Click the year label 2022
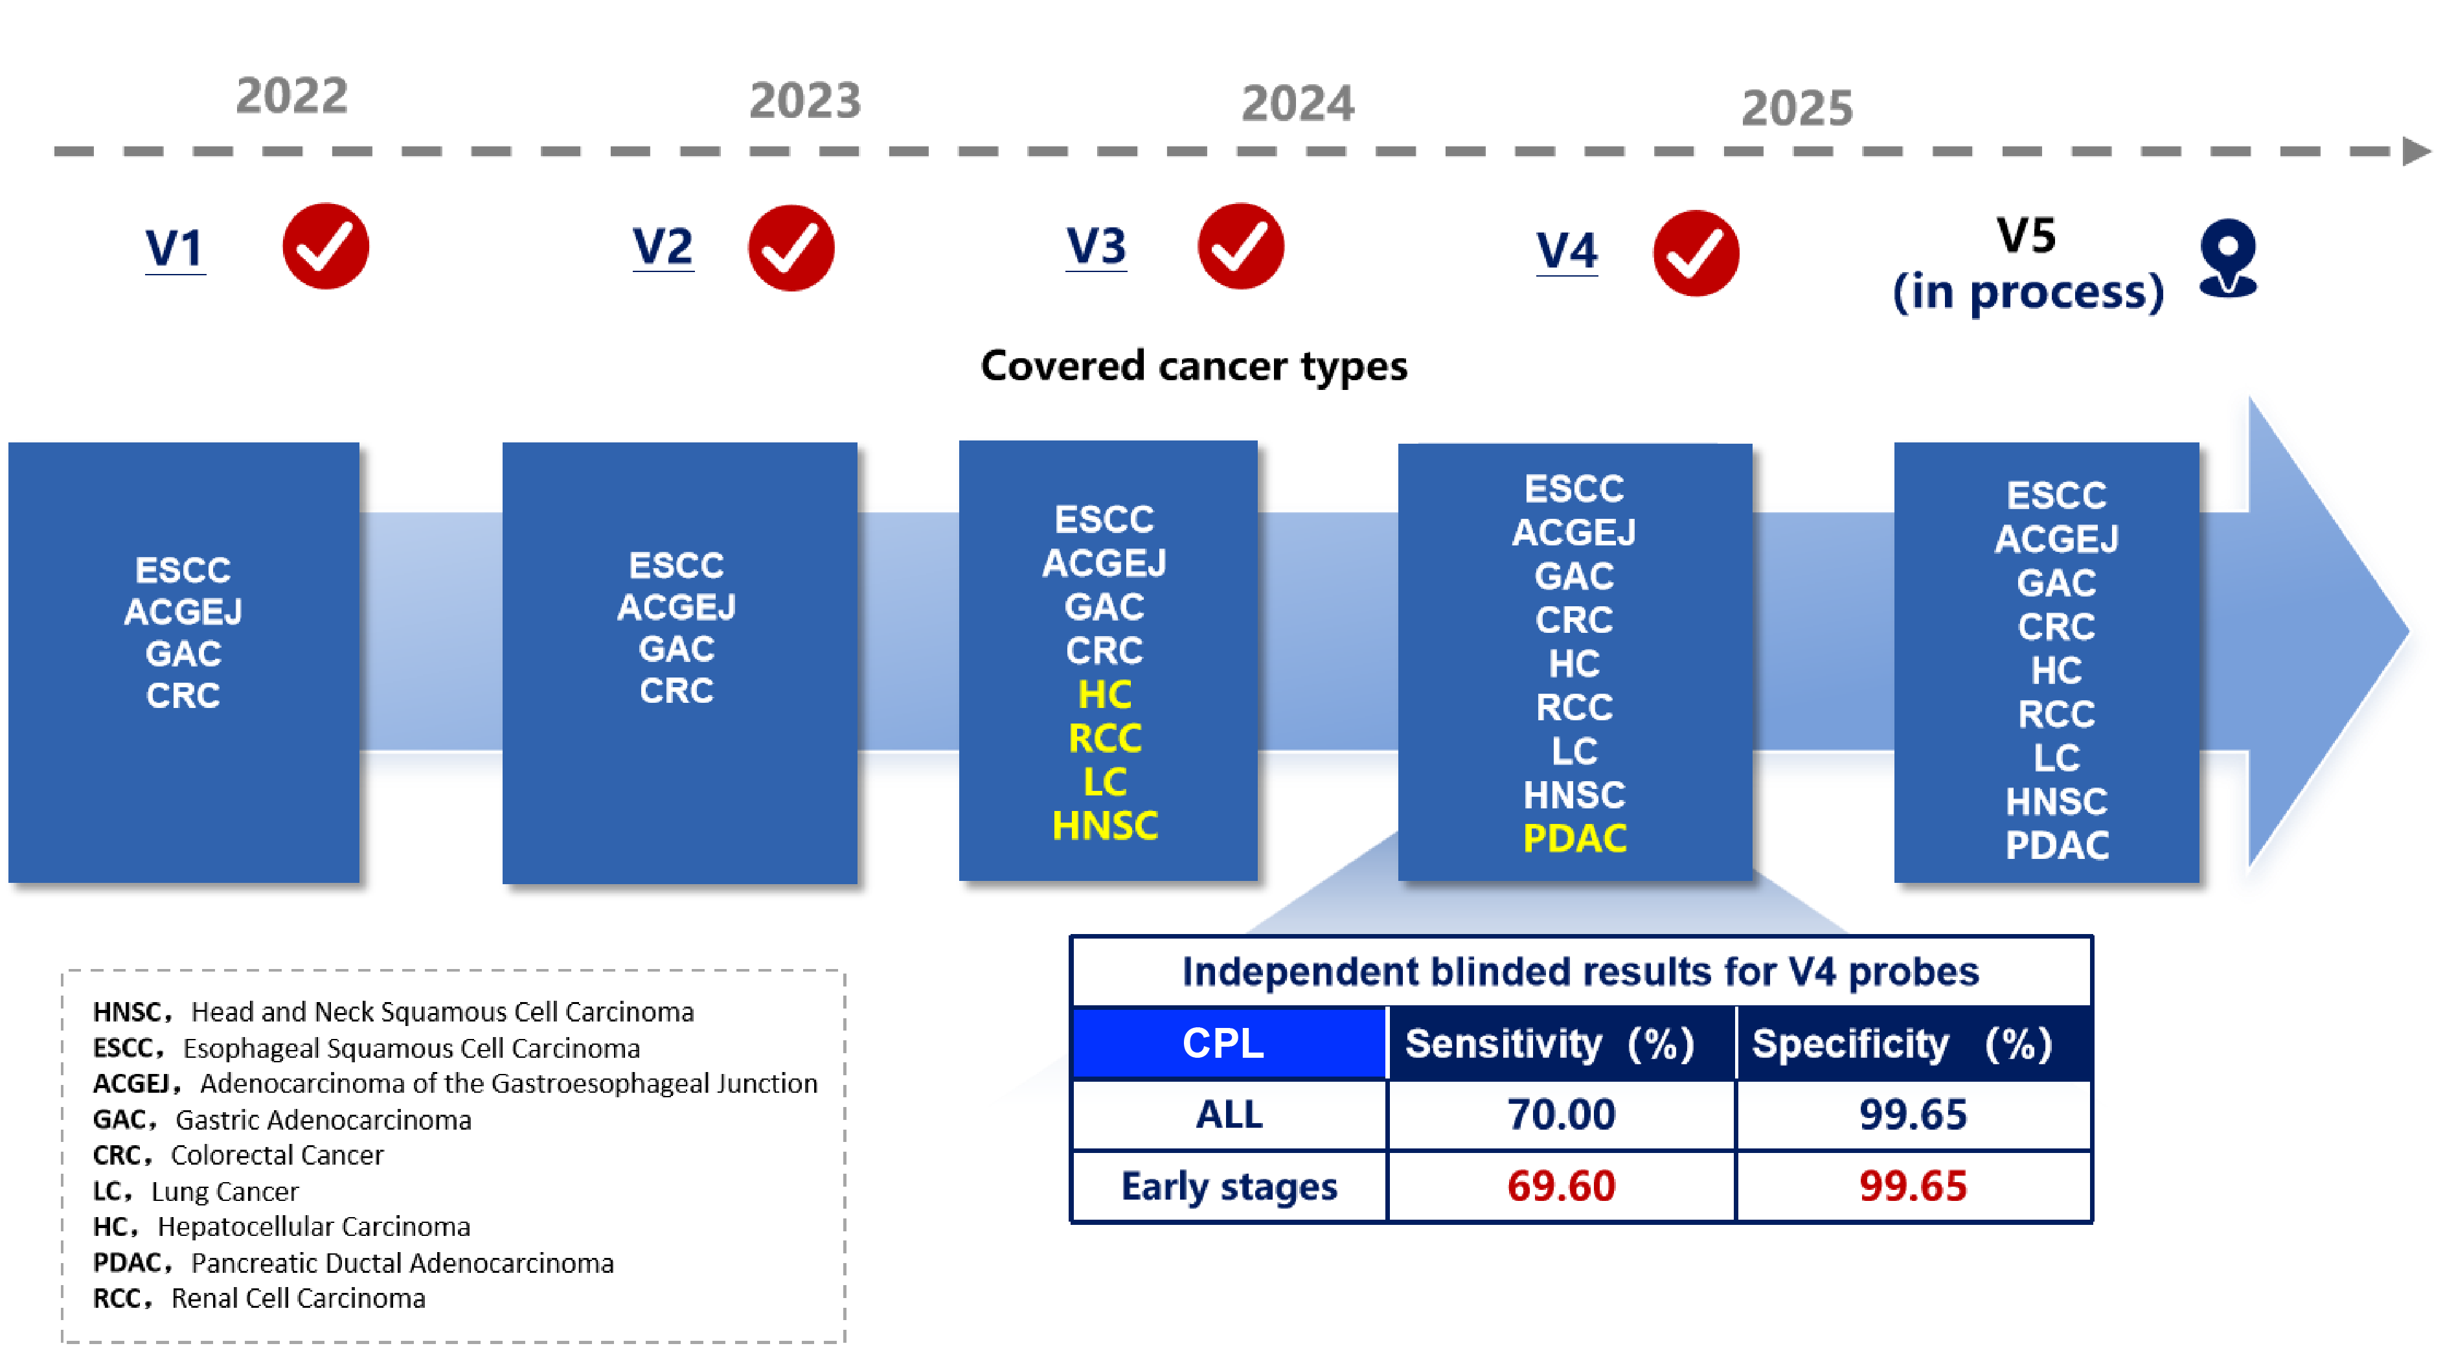click(292, 96)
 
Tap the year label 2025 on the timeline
click(1797, 108)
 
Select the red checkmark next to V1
click(325, 247)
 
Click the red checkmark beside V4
click(1696, 253)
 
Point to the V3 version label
click(1097, 247)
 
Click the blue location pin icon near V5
click(2228, 258)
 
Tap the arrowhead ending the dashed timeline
click(2416, 151)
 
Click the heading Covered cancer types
click(1194, 366)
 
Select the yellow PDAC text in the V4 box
click(1575, 839)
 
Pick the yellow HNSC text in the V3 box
click(1105, 827)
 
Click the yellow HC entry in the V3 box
click(1105, 695)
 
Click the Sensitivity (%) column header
click(1550, 1044)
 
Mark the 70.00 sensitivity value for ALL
click(1561, 1115)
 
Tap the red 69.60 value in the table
click(1561, 1187)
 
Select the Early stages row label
click(1229, 1187)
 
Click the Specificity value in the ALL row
click(1913, 1115)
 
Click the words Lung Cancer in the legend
click(225, 1191)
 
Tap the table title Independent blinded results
click(1580, 972)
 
